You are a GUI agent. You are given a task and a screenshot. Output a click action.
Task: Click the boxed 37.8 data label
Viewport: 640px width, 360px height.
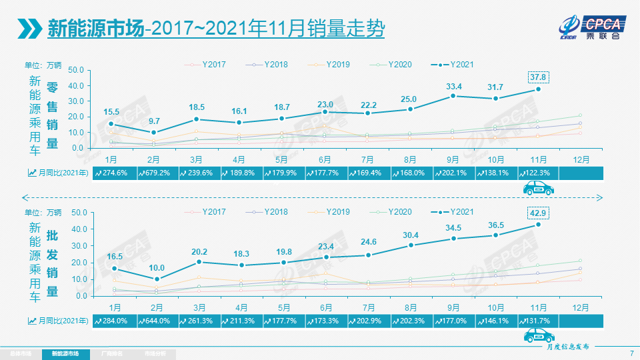(538, 77)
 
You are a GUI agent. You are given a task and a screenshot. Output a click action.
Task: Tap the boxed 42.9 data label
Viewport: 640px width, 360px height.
(538, 213)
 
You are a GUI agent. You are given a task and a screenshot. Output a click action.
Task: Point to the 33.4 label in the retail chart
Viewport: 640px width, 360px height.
(454, 87)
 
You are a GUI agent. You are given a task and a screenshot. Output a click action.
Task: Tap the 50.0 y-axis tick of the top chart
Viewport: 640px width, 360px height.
(76, 70)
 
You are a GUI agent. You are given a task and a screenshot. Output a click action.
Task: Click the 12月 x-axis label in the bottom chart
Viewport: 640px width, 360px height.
(580, 307)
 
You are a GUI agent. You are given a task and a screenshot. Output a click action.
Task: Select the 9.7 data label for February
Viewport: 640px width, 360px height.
(154, 121)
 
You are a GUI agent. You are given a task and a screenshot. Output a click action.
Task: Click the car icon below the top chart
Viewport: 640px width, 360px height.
(539, 189)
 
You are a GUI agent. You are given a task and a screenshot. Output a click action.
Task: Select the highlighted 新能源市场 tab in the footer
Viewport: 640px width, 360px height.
(65, 353)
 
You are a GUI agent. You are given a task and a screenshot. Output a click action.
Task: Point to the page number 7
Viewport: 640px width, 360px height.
(631, 353)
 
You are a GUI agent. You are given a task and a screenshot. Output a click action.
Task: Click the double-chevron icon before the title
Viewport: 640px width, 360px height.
(29, 29)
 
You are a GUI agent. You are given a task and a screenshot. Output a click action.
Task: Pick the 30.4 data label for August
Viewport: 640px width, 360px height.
(411, 235)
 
